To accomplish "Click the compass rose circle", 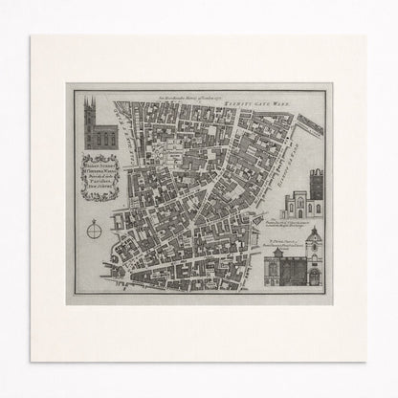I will click(x=94, y=230).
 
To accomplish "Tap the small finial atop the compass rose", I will click(x=94, y=218).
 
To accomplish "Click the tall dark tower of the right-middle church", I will click(x=315, y=189).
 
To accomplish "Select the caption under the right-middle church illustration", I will click(x=299, y=222).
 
